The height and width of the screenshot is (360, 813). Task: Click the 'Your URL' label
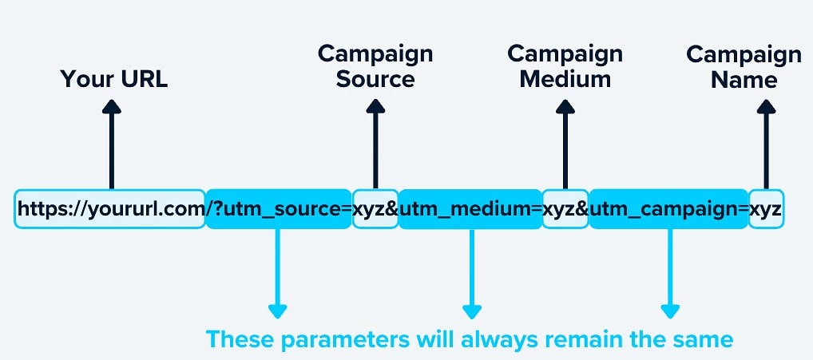pos(114,80)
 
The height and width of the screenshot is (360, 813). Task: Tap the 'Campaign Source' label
pos(375,66)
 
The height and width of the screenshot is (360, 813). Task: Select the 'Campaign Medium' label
pos(565,66)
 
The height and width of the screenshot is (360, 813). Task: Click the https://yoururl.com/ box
pos(110,208)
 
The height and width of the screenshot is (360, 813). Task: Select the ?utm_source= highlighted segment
pos(278,208)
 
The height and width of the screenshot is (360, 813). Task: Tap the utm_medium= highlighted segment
pos(470,208)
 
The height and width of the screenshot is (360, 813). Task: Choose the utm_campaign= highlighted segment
pos(668,208)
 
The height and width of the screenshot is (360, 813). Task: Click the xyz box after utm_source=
pos(375,208)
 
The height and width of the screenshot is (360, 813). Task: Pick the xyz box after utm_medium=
pos(565,208)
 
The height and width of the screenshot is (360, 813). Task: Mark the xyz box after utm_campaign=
pos(766,208)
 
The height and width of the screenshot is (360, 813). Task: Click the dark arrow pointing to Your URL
pos(112,144)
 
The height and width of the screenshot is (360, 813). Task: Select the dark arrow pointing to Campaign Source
pos(375,144)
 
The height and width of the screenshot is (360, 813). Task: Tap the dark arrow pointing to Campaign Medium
pos(565,144)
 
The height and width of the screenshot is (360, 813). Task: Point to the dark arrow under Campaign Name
pos(766,144)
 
